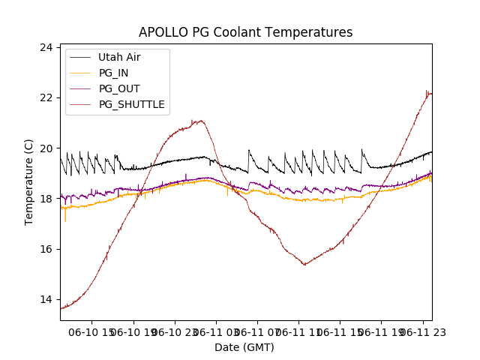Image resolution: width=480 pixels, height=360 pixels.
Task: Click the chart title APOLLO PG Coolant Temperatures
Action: pos(245,32)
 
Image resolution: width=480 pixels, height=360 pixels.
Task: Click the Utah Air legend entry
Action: pos(119,57)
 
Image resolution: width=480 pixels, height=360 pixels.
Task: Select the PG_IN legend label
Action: pos(113,73)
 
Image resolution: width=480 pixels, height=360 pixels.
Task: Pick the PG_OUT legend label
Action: pos(118,88)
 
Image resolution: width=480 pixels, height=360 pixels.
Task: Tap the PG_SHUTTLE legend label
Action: pos(131,104)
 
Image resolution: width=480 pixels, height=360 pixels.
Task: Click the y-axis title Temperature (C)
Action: pos(29,181)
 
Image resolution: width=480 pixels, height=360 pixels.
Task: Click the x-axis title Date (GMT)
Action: pos(244,347)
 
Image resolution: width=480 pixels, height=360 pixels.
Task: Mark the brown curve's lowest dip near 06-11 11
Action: pos(304,265)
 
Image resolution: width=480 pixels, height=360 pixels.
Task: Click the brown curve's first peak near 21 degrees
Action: pos(200,120)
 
